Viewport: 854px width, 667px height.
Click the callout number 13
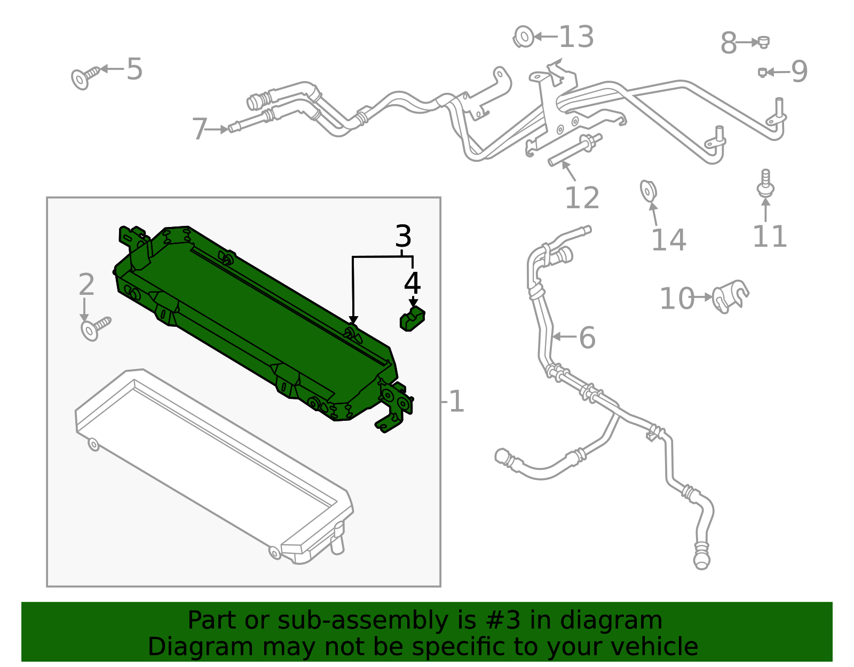[576, 37]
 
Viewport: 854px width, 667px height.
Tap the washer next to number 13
[524, 37]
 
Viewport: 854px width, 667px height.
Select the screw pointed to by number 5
[84, 78]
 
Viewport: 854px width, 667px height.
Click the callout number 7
[199, 129]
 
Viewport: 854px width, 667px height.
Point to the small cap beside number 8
[763, 42]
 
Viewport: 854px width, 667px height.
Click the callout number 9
[799, 72]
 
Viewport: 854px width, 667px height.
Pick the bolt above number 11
[765, 183]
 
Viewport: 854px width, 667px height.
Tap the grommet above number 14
[648, 191]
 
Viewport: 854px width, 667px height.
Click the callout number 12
[582, 198]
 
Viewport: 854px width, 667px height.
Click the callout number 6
[587, 338]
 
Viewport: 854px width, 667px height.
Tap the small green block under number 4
[412, 319]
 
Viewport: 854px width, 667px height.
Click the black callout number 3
[403, 236]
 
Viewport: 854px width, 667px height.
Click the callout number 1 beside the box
[456, 401]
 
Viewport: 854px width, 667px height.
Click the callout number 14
[668, 240]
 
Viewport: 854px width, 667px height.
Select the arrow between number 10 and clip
[704, 297]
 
